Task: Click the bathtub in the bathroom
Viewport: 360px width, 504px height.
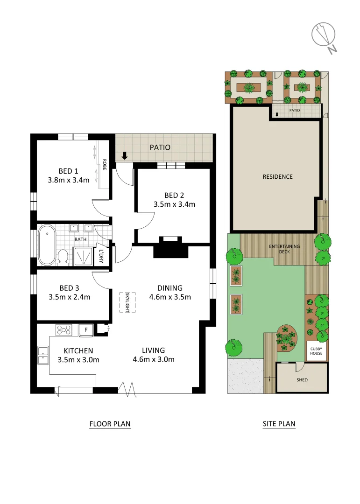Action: click(47, 245)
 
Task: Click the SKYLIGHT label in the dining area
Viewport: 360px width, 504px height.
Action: click(127, 302)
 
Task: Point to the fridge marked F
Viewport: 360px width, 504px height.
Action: click(85, 329)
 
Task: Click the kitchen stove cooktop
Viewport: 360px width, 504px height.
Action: click(64, 330)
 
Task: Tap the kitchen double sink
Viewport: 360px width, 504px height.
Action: click(43, 356)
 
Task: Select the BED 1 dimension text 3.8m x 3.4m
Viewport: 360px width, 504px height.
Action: click(68, 180)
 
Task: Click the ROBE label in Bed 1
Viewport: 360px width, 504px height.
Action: click(104, 164)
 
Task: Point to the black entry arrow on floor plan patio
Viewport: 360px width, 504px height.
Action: click(125, 155)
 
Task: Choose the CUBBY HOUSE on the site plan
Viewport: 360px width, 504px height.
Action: click(316, 350)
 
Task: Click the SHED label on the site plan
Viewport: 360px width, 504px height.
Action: click(302, 380)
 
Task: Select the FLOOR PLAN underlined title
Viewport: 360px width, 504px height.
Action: click(110, 424)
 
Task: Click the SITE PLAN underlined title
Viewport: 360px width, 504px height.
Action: click(279, 424)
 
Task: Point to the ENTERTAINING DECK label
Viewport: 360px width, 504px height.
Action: click(284, 249)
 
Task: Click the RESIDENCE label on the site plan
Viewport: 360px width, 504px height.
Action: click(277, 176)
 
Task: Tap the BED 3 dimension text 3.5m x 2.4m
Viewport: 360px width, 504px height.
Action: click(69, 297)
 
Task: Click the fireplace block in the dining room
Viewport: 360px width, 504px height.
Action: click(170, 248)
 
